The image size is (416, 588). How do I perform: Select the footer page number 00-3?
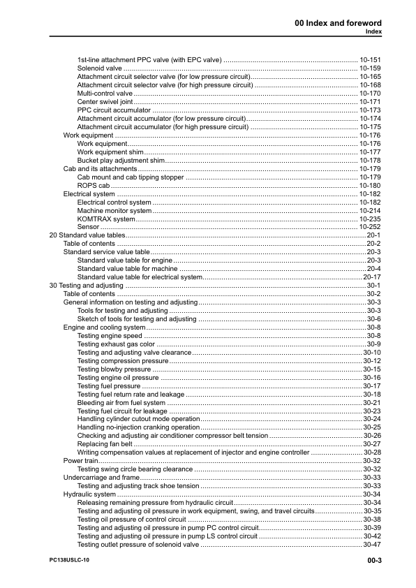(x=373, y=560)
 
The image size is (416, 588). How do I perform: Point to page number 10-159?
(x=370, y=68)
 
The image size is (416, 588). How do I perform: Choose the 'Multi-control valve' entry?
(x=105, y=94)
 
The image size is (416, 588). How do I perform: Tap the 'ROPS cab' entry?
(x=94, y=186)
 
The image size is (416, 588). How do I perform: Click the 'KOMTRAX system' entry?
(x=106, y=219)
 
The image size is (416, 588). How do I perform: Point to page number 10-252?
(x=370, y=228)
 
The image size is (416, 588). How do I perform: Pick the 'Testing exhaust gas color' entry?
(x=116, y=344)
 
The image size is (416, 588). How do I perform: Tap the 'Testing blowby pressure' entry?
(x=114, y=369)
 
